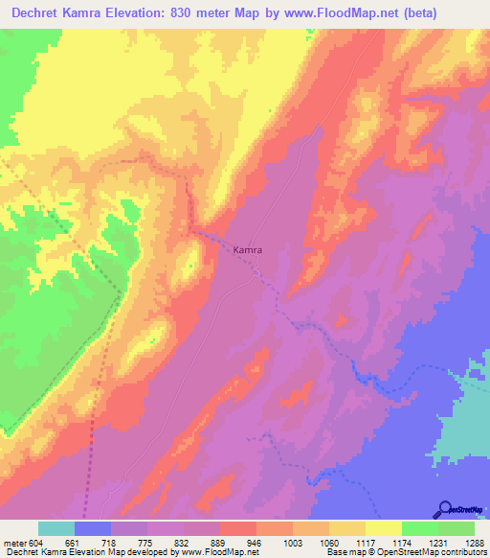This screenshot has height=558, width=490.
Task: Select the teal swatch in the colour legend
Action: coord(56,528)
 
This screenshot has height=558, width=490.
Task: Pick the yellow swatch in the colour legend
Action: coord(384,528)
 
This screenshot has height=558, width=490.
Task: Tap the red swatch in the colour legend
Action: coord(238,528)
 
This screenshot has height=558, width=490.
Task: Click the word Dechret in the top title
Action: coord(37,12)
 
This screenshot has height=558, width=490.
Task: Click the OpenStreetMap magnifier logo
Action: coord(446,508)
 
